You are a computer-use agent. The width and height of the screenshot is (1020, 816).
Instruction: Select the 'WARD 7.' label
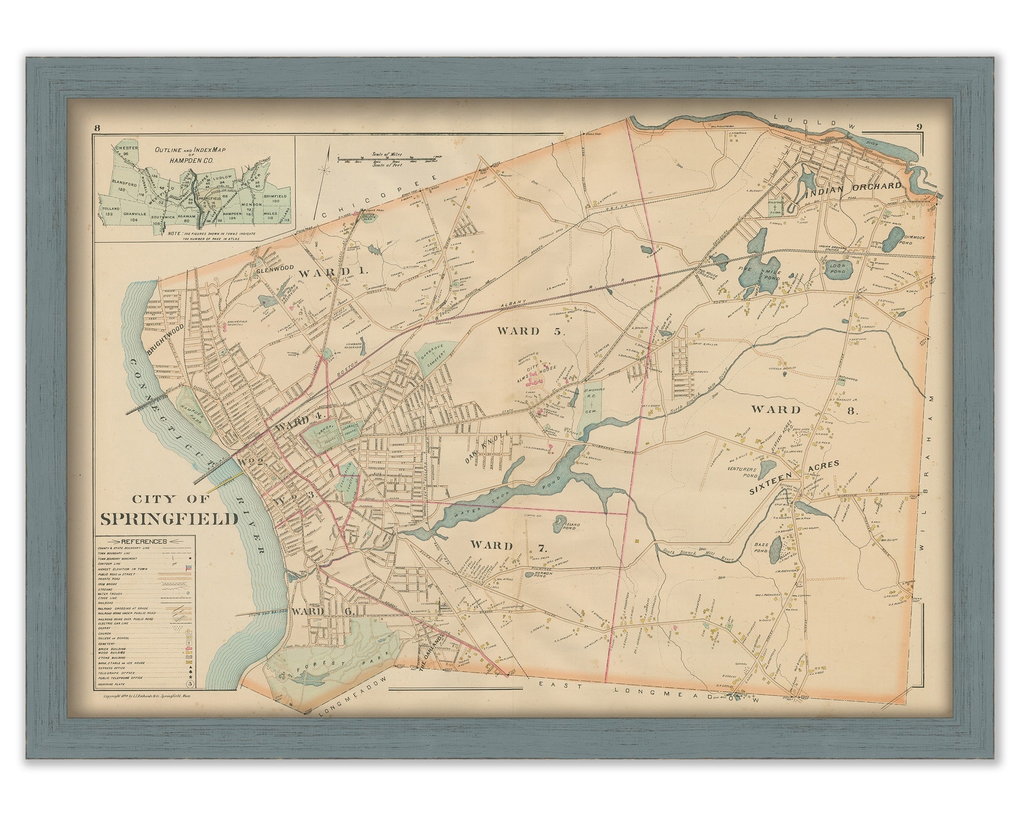click(x=508, y=547)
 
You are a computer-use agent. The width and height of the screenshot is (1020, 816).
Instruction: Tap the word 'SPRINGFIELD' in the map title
click(x=169, y=519)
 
